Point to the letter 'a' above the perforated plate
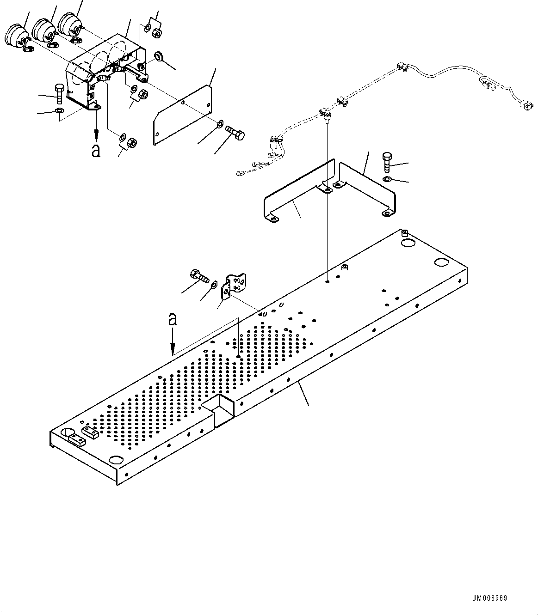click(x=173, y=319)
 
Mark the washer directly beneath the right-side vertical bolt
click(x=387, y=179)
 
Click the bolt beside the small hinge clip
click(x=198, y=276)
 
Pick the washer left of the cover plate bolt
click(x=219, y=123)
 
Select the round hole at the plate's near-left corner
click(x=114, y=460)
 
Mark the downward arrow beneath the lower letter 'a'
click(x=173, y=347)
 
